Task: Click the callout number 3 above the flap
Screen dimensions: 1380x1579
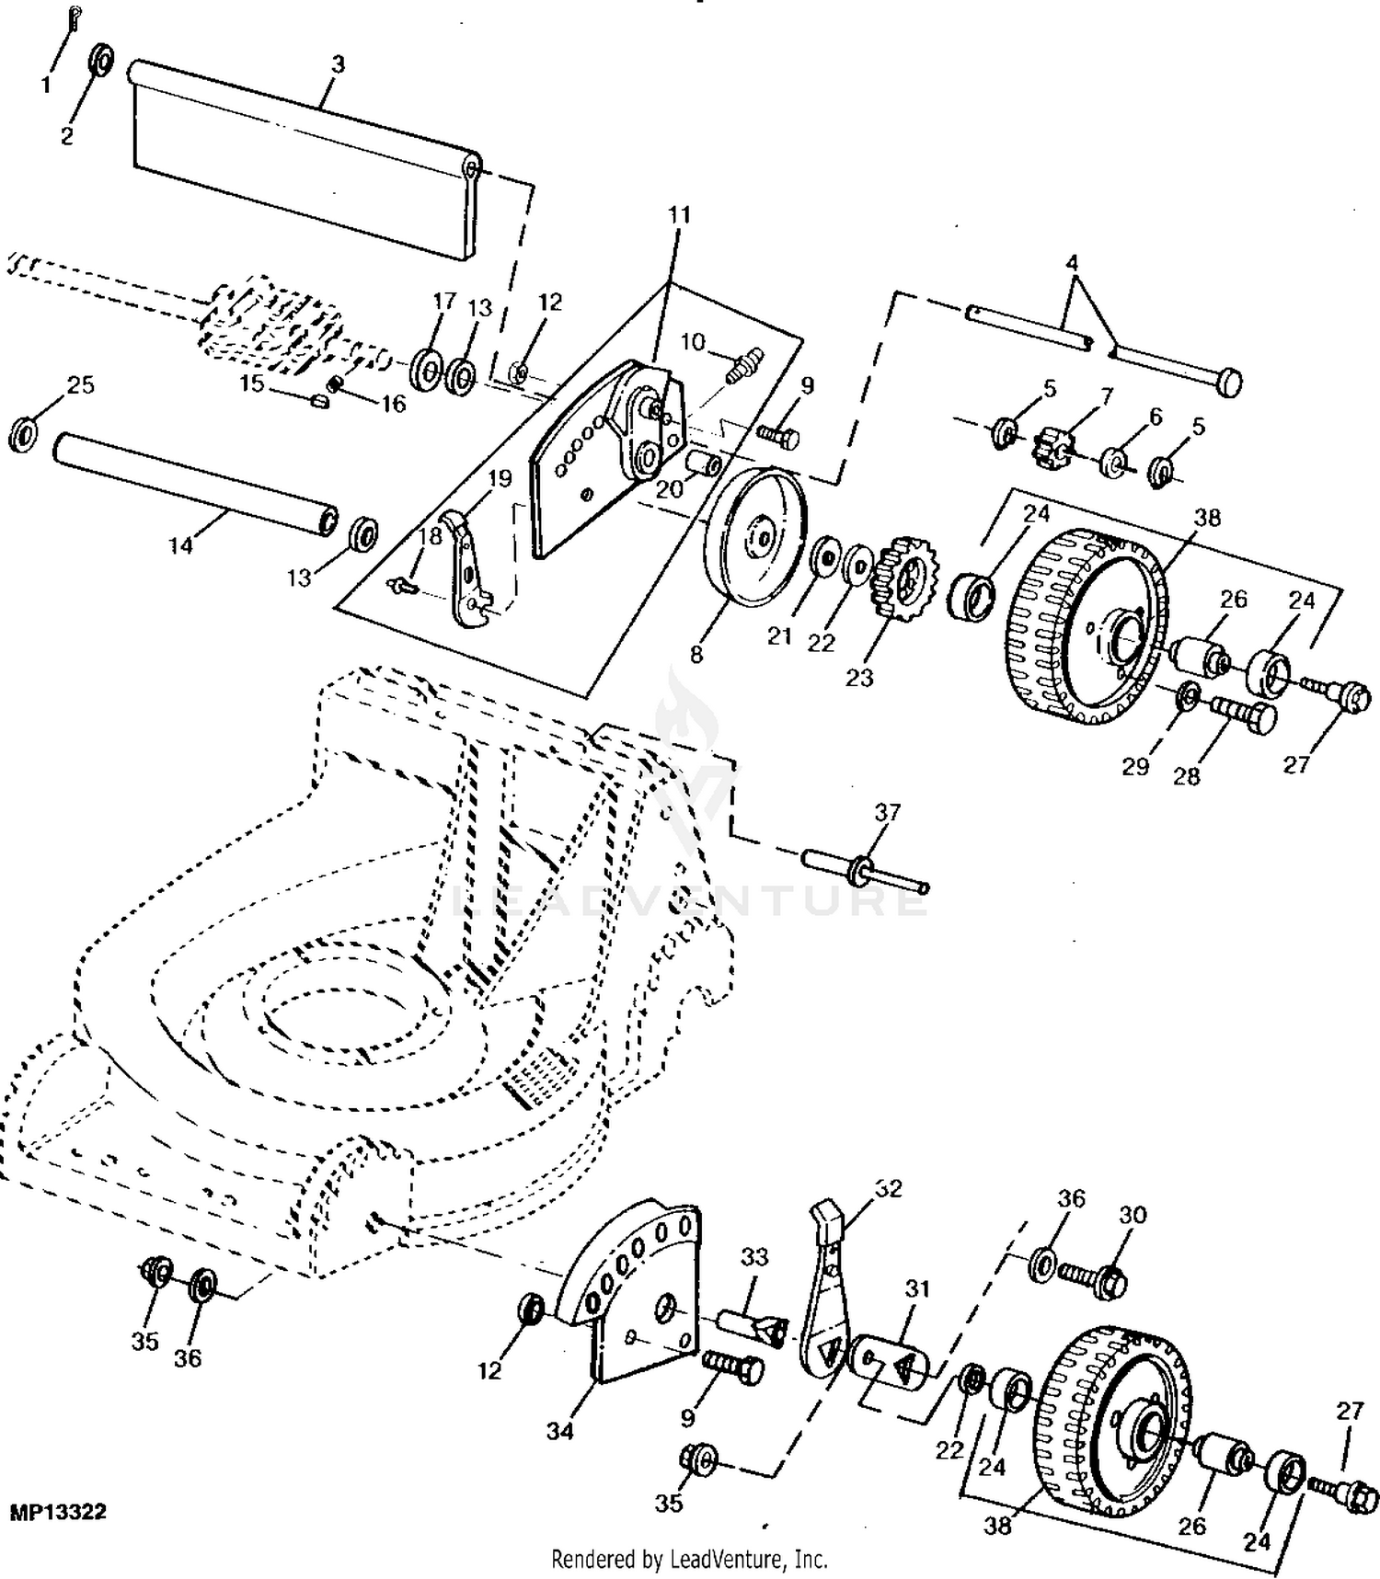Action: tap(338, 64)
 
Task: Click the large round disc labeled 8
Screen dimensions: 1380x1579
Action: tap(755, 537)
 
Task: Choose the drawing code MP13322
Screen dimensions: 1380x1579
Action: tap(58, 1512)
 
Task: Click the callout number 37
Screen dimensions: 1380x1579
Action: tap(887, 812)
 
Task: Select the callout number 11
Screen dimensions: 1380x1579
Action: tap(678, 214)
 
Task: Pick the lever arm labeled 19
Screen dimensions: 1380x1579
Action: tap(466, 568)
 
